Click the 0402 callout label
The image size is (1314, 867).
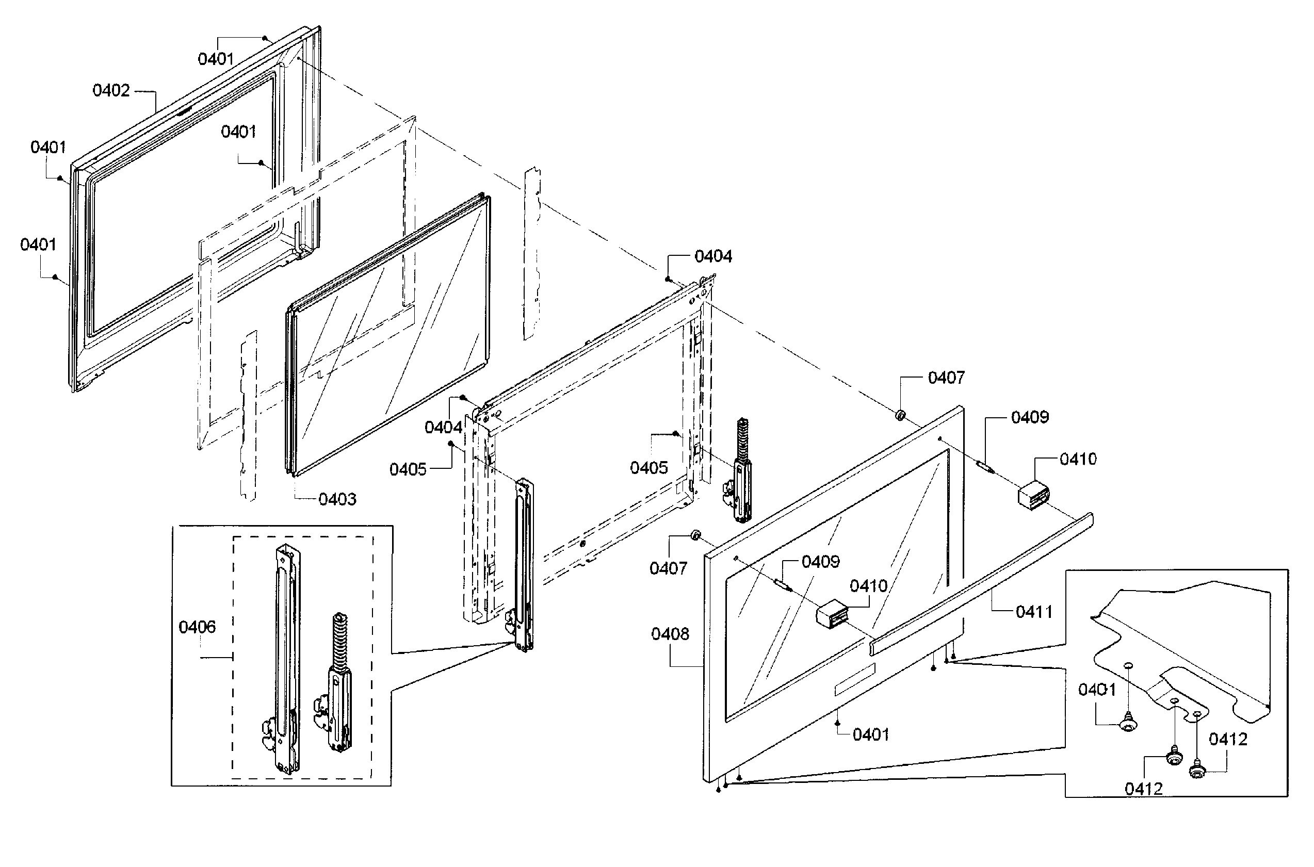(111, 91)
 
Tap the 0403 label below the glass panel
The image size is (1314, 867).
(337, 499)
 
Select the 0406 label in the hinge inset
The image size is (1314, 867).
(197, 627)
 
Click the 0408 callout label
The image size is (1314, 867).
(670, 634)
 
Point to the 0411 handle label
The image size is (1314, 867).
(1034, 612)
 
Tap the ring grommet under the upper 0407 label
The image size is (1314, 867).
(900, 415)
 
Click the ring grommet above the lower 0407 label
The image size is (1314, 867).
(695, 535)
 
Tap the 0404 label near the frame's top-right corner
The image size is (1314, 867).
(713, 256)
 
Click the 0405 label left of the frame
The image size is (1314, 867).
(408, 469)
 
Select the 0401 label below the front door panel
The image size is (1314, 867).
(870, 735)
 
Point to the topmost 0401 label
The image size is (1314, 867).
(216, 59)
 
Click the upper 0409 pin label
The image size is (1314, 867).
(1029, 417)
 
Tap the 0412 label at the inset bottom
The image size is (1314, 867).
(1143, 789)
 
